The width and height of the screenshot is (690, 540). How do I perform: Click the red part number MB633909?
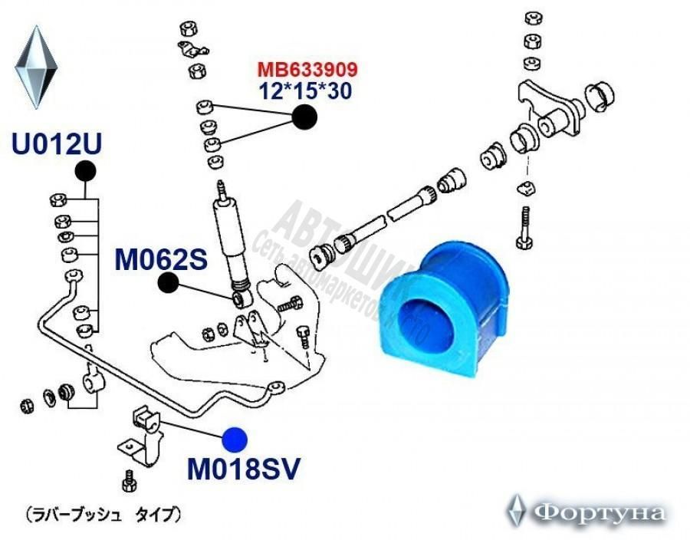click(x=307, y=71)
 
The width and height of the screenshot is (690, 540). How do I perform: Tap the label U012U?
click(x=57, y=143)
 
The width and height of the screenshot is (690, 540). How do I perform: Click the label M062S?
click(x=162, y=261)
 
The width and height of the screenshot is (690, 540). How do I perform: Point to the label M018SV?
click(x=244, y=467)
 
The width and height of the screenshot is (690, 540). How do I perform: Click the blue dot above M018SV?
click(x=235, y=439)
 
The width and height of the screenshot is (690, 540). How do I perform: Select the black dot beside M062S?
click(x=169, y=284)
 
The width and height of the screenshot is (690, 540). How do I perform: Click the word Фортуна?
click(x=600, y=512)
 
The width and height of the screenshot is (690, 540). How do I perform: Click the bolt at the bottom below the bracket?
click(x=128, y=484)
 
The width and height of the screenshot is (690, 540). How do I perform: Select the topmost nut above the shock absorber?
click(x=186, y=29)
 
